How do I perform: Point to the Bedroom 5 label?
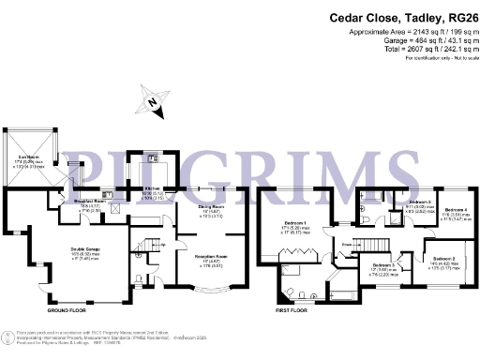(420, 202)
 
